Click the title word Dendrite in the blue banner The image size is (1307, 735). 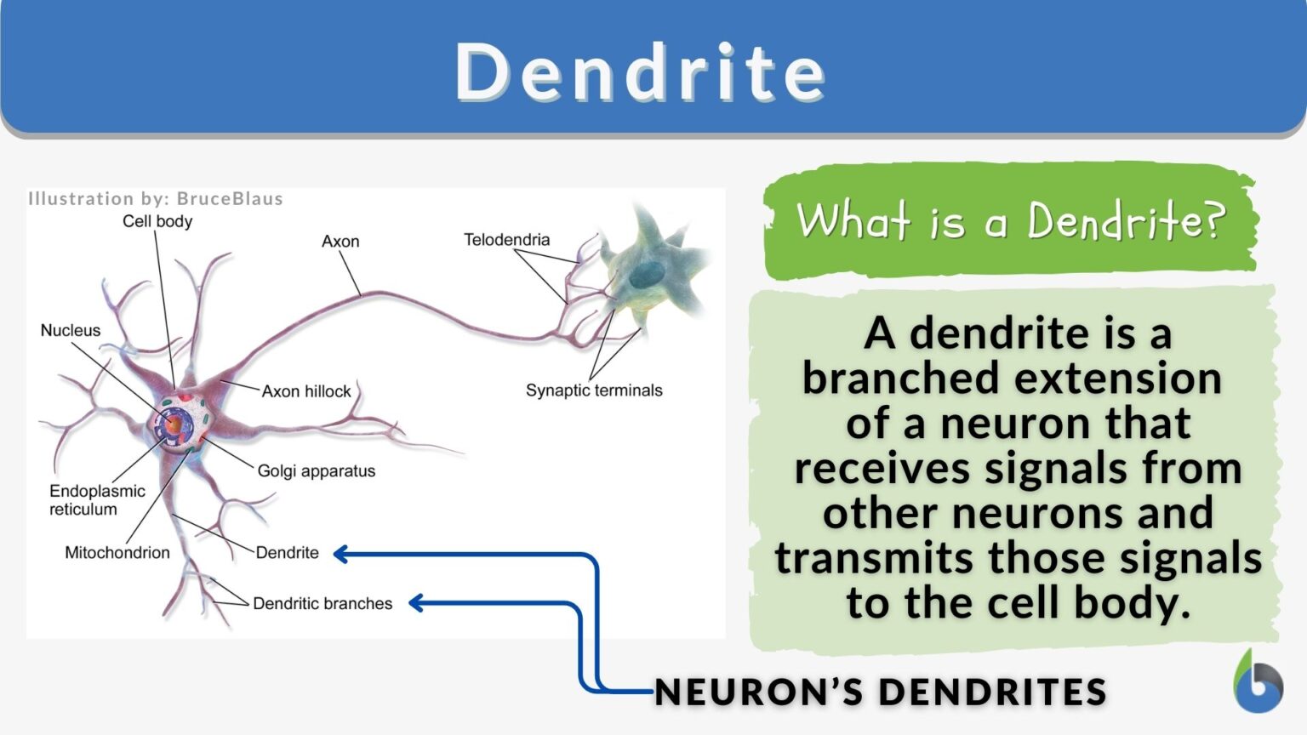[x=640, y=71]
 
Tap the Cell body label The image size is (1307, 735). [x=157, y=221]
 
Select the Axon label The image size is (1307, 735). [x=340, y=242]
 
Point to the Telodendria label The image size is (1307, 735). [x=506, y=240]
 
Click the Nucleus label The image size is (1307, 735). [x=71, y=330]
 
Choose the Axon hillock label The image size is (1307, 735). [x=306, y=391]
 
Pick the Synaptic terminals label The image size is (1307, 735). [x=593, y=390]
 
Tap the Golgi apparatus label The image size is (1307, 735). [x=316, y=471]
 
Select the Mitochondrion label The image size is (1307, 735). [x=117, y=553]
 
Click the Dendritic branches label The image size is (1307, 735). [x=322, y=604]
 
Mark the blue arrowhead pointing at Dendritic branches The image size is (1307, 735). [x=416, y=603]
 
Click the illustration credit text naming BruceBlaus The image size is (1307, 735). [x=156, y=199]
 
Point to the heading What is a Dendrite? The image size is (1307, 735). [x=1010, y=221]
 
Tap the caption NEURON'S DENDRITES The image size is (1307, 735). [x=881, y=692]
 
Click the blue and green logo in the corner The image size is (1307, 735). [x=1258, y=682]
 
